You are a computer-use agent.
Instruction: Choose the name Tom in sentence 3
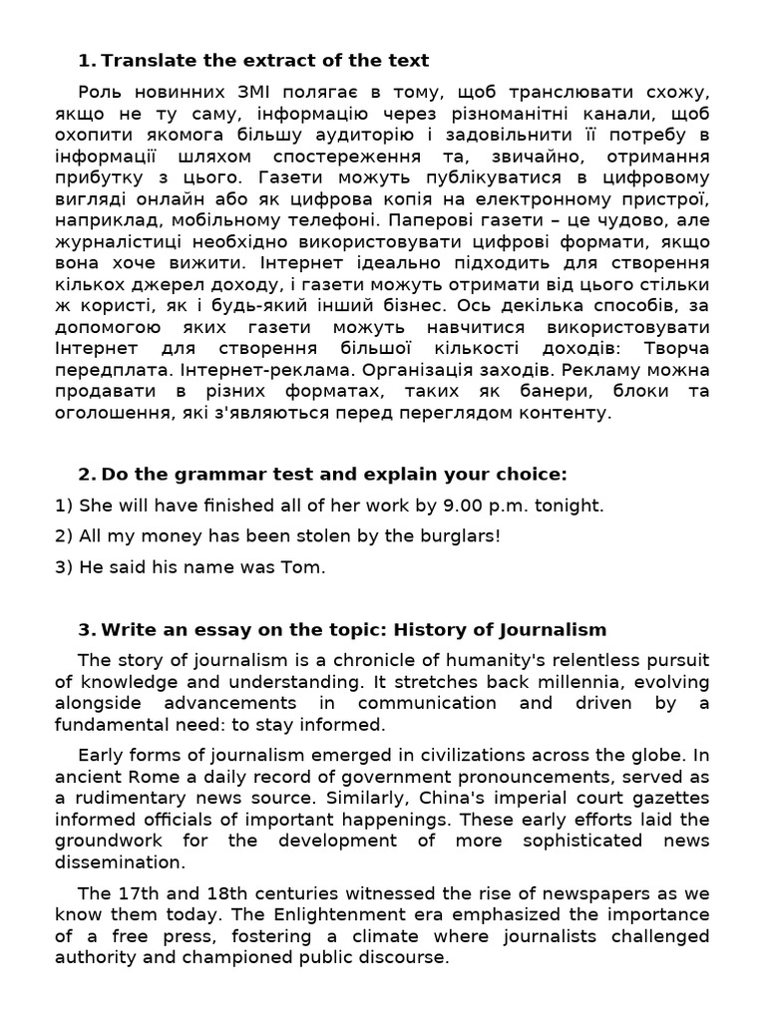tap(306, 567)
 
